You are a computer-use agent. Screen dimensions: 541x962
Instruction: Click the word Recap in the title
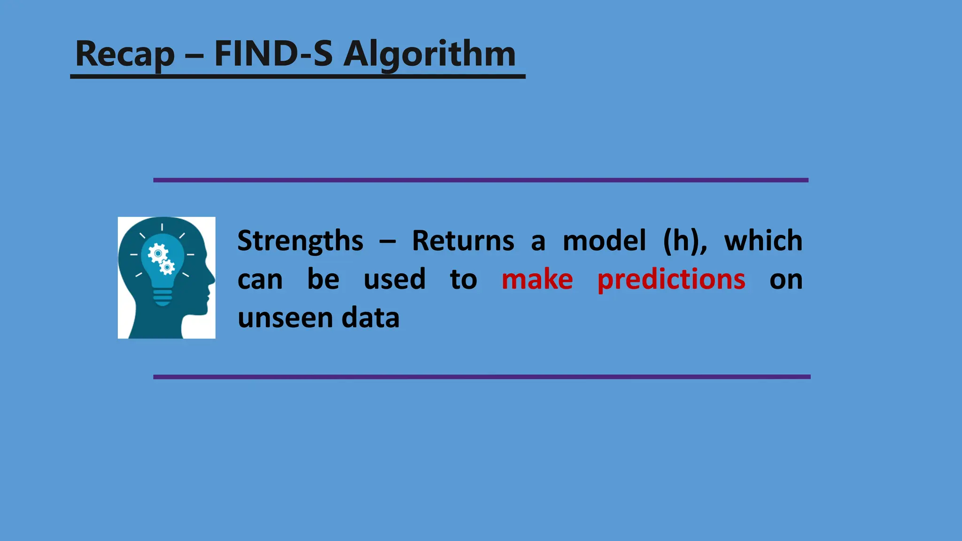[x=124, y=54]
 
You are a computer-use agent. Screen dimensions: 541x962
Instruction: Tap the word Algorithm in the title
[x=429, y=54]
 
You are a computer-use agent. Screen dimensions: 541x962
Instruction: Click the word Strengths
[x=300, y=241]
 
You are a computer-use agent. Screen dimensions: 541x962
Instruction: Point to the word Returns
[x=463, y=241]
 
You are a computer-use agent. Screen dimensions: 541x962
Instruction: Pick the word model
[x=604, y=241]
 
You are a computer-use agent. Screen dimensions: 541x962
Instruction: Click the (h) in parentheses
[x=684, y=241]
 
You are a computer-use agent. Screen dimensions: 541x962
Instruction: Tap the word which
[x=763, y=241]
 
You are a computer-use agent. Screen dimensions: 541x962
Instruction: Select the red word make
[x=537, y=279]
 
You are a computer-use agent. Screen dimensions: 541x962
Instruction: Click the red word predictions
[x=671, y=280]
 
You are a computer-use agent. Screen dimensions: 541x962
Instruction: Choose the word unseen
[x=285, y=318]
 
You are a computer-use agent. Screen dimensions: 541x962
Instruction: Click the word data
[x=370, y=318]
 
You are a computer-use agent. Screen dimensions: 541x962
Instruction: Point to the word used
[x=395, y=279]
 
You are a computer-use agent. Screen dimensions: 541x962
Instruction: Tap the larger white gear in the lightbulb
[x=158, y=254]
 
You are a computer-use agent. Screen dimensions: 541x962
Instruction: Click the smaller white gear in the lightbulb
[x=167, y=268]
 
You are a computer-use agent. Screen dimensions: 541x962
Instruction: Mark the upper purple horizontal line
[x=481, y=180]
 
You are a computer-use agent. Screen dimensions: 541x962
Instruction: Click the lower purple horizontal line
[x=481, y=377]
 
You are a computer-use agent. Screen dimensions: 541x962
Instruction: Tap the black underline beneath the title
[x=297, y=76]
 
